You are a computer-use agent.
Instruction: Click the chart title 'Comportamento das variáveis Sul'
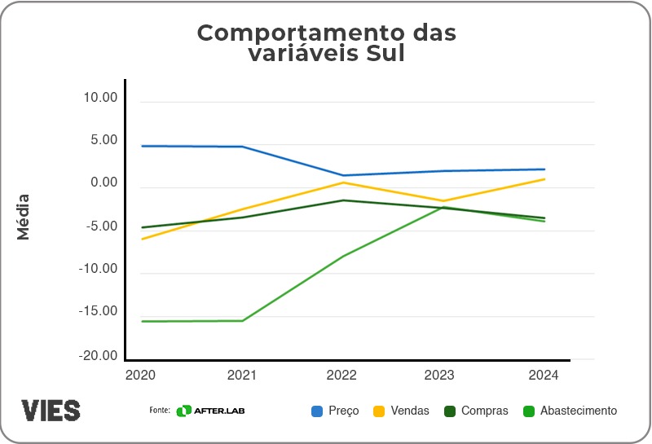coord(326,43)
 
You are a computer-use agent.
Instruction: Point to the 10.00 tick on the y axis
coord(101,98)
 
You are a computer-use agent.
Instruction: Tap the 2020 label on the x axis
coord(141,375)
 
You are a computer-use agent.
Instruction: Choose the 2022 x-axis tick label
coord(342,375)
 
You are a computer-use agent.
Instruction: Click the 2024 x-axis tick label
coord(543,375)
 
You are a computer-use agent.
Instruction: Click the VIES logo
coord(51,410)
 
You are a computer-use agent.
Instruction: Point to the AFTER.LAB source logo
coord(211,411)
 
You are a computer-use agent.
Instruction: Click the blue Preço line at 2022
coord(343,175)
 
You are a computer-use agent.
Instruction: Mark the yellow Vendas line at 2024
coord(544,179)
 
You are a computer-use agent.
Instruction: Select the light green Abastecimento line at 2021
coord(243,320)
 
